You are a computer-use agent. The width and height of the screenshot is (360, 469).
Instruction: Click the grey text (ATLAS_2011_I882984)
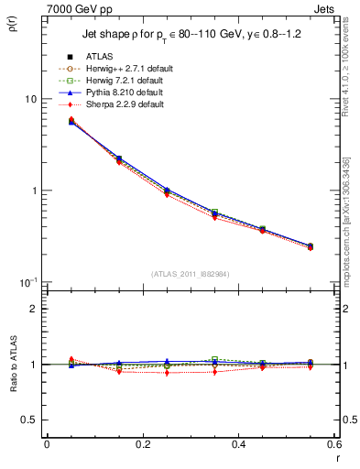[x=190, y=273]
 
